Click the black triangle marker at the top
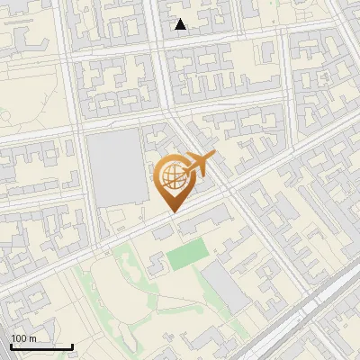(x=181, y=24)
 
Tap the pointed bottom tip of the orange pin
(x=175, y=212)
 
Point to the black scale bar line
(x=41, y=346)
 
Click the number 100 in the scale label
(x=18, y=338)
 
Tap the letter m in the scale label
(x=31, y=338)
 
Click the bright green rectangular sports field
(x=186, y=255)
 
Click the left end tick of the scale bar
(x=11, y=346)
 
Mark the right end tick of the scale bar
(x=72, y=346)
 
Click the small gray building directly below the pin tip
(x=163, y=233)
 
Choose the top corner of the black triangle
(x=181, y=19)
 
